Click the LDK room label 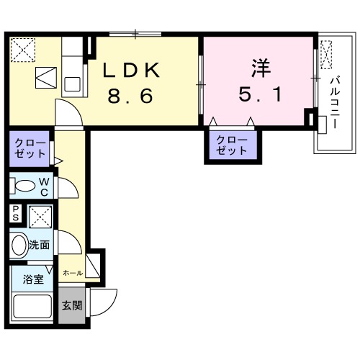click(x=131, y=70)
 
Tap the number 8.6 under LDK click(x=130, y=96)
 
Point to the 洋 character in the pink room click(x=261, y=68)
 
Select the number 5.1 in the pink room click(x=260, y=94)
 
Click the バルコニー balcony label click(x=335, y=102)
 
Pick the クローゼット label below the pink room click(x=231, y=145)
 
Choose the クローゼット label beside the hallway click(x=30, y=149)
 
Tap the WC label click(x=45, y=187)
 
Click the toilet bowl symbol click(x=22, y=186)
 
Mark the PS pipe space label click(x=16, y=213)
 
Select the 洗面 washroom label click(x=39, y=245)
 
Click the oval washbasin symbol click(x=19, y=245)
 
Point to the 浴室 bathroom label click(x=33, y=279)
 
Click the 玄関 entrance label click(x=72, y=305)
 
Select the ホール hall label click(x=73, y=273)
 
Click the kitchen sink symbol click(x=72, y=84)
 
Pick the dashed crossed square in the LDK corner click(x=23, y=50)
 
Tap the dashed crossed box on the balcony click(x=326, y=55)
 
